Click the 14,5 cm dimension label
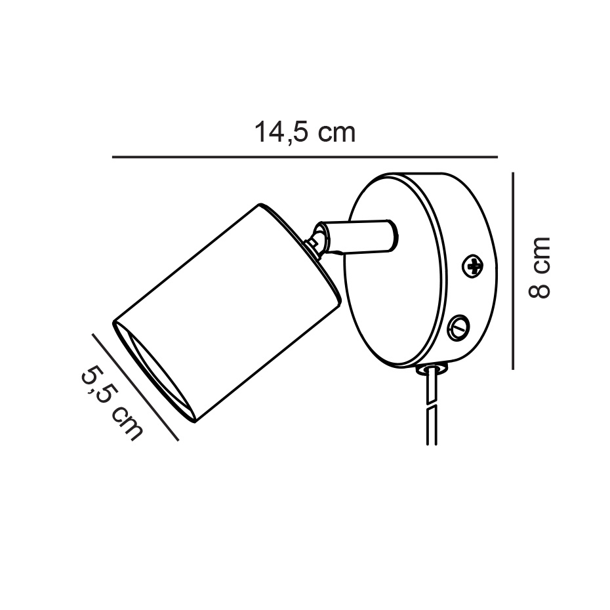pos(305,132)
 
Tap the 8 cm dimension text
pos(539,267)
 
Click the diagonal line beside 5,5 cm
pos(135,387)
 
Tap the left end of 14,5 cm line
pos(114,157)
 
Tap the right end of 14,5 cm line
pos(497,157)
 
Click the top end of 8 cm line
pos(512,173)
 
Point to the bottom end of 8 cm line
pos(512,367)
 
